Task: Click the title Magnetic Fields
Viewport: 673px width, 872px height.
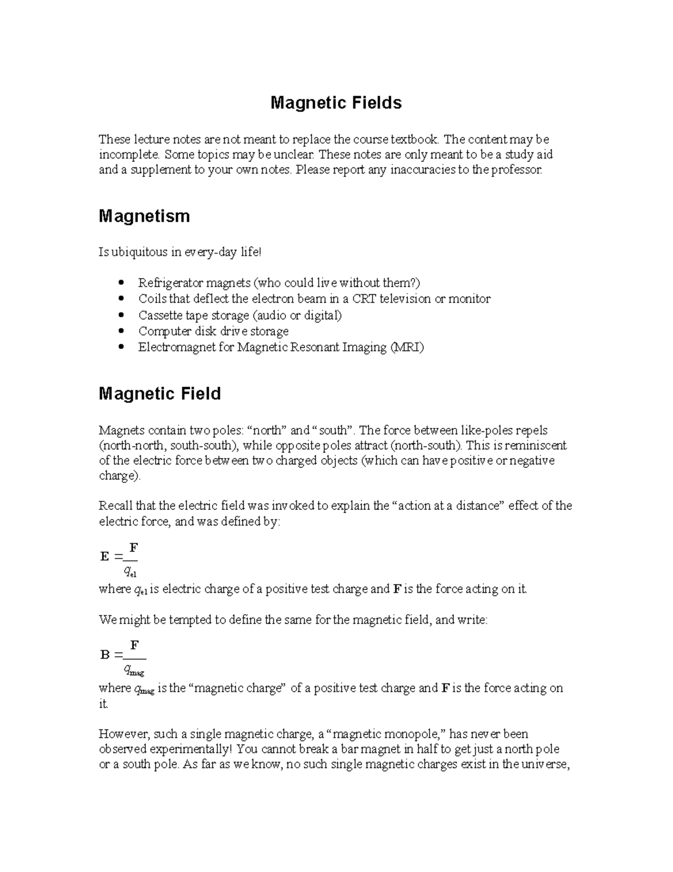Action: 336,103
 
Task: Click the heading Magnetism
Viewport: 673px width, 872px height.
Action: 144,216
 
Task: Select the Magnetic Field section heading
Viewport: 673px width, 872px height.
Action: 159,394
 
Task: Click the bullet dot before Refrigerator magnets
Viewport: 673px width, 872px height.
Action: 121,283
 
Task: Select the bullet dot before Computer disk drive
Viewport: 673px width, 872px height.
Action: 121,331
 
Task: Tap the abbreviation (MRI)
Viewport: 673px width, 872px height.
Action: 407,348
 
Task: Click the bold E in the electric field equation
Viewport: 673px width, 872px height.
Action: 104,556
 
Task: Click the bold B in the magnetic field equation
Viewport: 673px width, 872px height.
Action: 104,655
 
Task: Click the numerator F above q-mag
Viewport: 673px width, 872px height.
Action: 135,645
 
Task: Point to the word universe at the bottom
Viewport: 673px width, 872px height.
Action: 543,764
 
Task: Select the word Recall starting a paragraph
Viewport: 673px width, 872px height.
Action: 114,506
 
